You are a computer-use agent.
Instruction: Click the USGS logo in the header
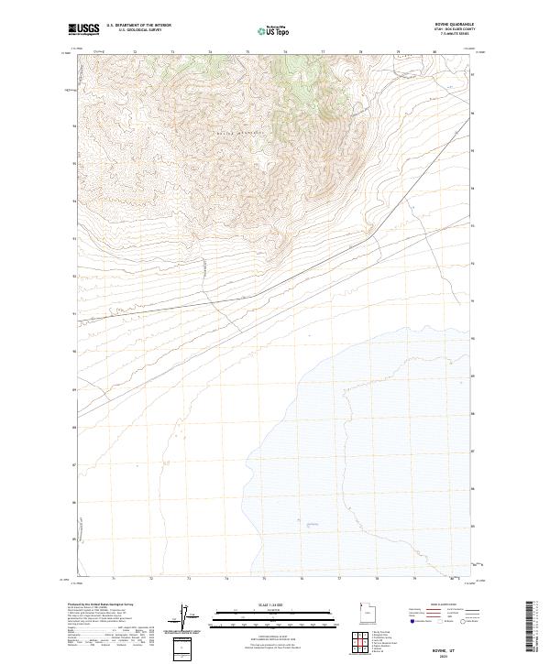[x=83, y=29]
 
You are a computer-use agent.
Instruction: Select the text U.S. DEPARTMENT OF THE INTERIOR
[x=138, y=27]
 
